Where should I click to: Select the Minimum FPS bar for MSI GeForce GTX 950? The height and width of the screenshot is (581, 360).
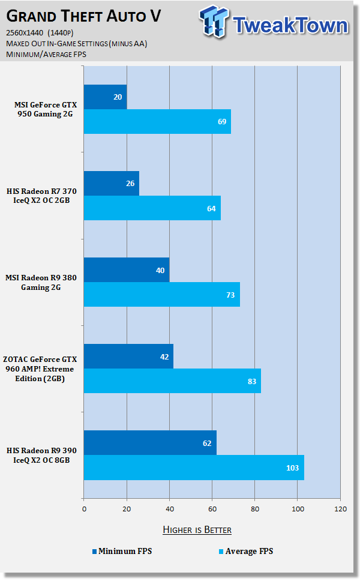105,97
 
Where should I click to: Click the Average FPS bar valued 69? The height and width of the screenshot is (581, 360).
157,122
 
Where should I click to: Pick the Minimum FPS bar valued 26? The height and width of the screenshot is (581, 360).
111,184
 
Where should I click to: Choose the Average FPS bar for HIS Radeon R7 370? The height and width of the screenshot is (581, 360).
152,208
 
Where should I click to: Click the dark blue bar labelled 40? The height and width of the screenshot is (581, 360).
126,270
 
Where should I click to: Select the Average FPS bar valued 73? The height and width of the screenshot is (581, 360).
161,295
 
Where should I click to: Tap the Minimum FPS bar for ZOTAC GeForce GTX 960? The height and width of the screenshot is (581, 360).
128,357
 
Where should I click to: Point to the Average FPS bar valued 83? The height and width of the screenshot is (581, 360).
172,381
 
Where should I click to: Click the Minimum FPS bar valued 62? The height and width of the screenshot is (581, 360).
150,443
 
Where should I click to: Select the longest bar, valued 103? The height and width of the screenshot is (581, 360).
194,468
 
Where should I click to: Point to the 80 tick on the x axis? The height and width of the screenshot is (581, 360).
255,509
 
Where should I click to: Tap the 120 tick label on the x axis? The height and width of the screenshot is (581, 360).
340,509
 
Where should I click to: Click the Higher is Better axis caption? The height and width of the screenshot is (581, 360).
197,529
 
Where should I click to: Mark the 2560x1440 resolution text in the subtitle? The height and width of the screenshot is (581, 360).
29,34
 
